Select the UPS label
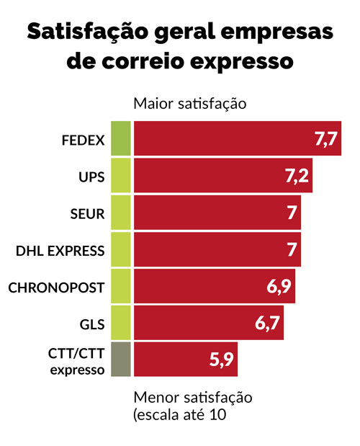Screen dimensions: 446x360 pyautogui.click(x=91, y=177)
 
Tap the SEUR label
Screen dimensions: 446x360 pyautogui.click(x=88, y=214)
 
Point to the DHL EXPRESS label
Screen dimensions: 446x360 pyautogui.click(x=60, y=251)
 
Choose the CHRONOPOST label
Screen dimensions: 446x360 pyautogui.click(x=57, y=287)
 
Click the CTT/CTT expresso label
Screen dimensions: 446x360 pyautogui.click(x=76, y=361)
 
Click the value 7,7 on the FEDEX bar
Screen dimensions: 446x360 pyautogui.click(x=326, y=140)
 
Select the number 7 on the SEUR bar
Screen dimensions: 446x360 pyautogui.click(x=291, y=214)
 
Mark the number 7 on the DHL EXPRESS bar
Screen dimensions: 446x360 pyautogui.click(x=291, y=251)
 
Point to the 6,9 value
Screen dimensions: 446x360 pyautogui.click(x=279, y=287)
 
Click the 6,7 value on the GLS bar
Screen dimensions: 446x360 pyautogui.click(x=267, y=325)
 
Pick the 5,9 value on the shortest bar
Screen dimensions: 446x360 pyautogui.click(x=221, y=360)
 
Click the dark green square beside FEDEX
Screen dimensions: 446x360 pyautogui.click(x=121, y=140)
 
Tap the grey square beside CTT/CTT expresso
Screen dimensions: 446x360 pyautogui.click(x=121, y=360)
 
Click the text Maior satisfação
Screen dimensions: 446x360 pyautogui.click(x=190, y=103)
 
